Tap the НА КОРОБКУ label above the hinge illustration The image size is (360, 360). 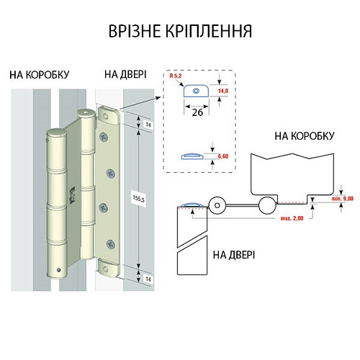(40, 73)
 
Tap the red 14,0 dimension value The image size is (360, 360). (223, 91)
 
